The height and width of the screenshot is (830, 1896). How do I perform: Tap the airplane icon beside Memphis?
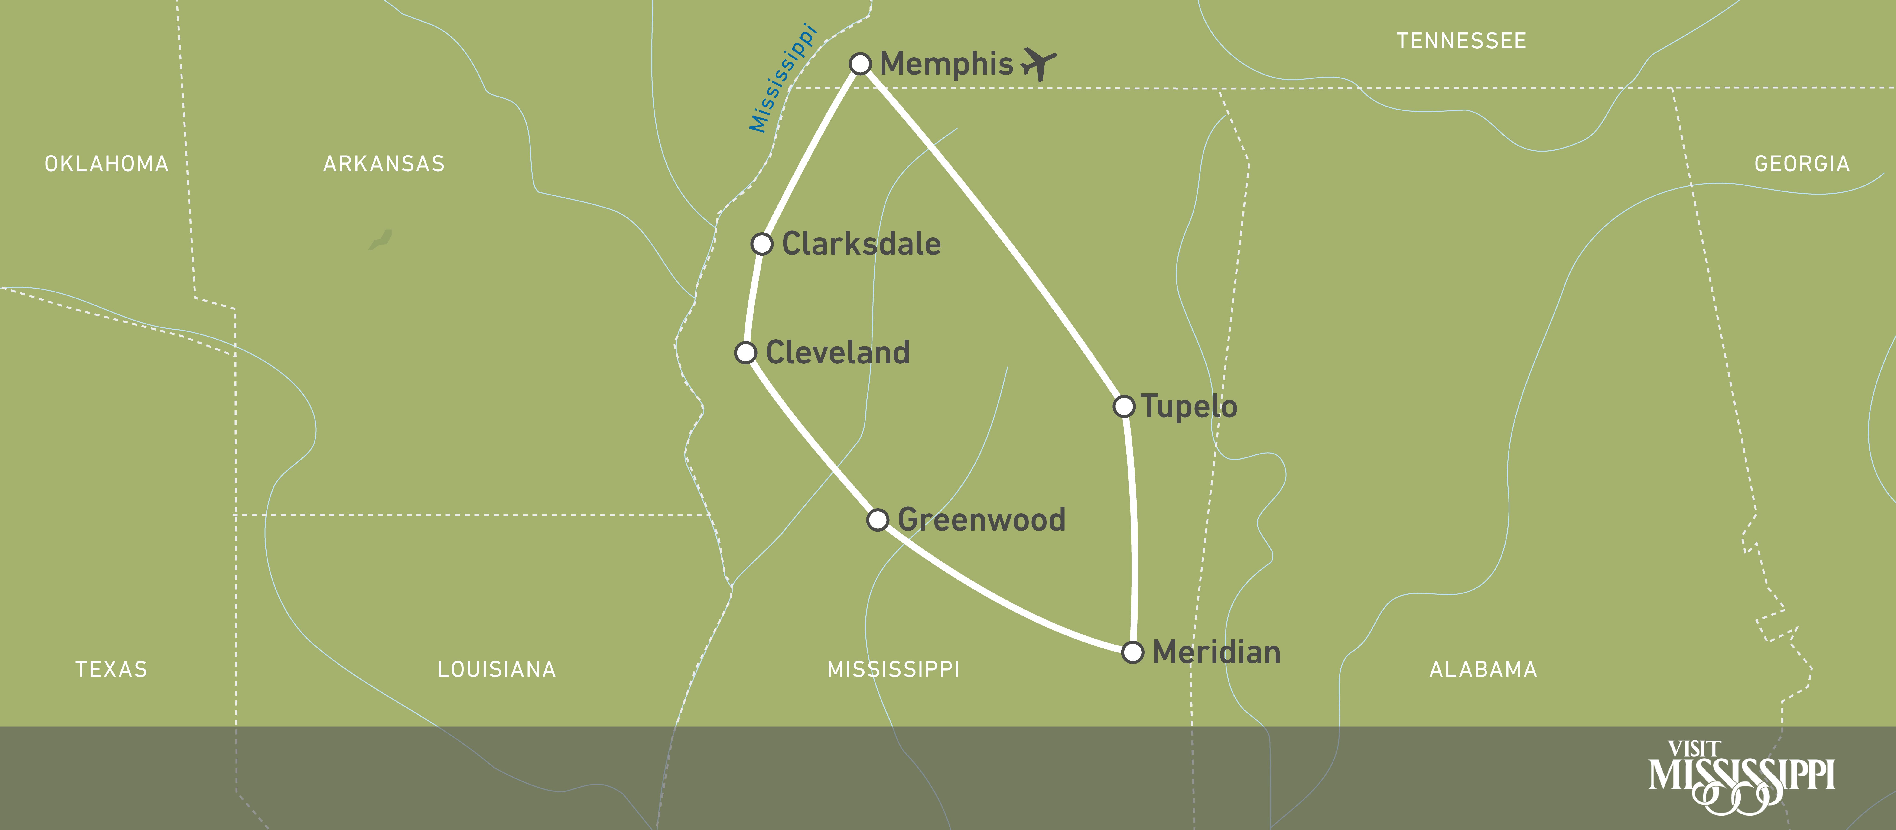point(1038,64)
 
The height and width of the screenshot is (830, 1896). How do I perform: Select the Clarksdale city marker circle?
point(762,243)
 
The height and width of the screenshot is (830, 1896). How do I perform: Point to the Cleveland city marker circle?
point(746,353)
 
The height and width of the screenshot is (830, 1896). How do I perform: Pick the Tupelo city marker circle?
point(1124,406)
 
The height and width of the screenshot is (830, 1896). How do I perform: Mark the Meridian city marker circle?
point(1133,652)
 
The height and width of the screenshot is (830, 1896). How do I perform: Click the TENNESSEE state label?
point(1461,41)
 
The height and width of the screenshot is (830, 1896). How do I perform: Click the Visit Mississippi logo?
point(1741,778)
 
